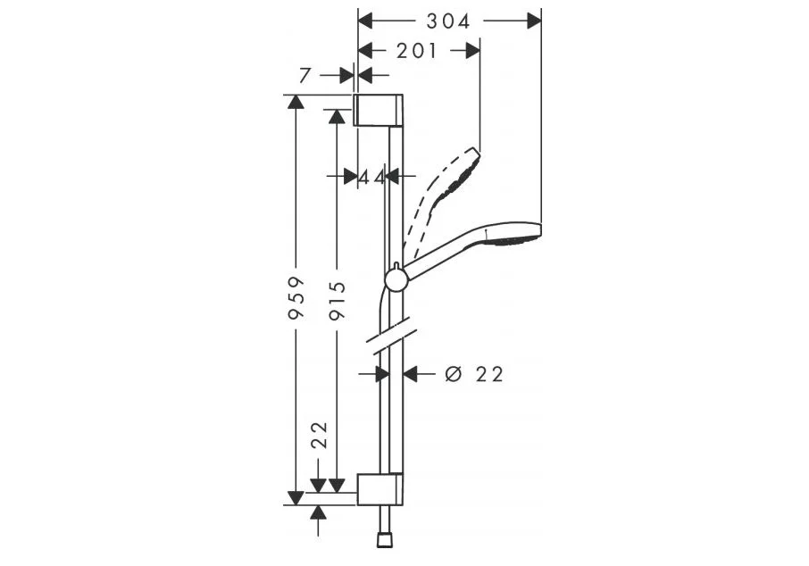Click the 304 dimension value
448,21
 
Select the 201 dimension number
416,51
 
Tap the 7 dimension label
304,76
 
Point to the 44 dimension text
371,177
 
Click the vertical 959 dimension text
296,298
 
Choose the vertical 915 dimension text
338,300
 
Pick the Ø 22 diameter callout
473,374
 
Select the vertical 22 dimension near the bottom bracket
320,435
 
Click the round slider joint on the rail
396,280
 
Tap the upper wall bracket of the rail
379,110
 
